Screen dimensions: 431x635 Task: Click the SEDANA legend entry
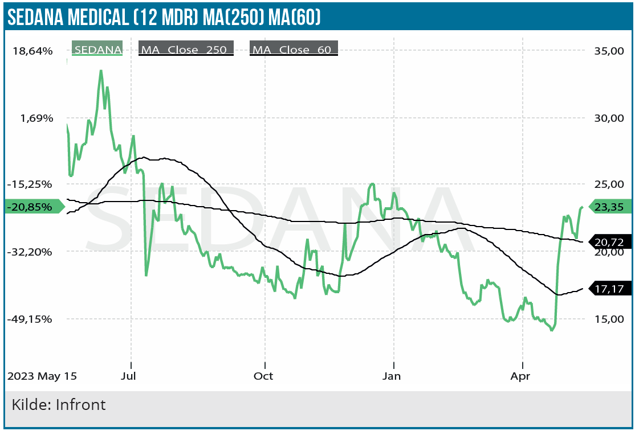(97, 50)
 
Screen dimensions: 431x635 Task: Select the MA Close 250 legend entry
(185, 50)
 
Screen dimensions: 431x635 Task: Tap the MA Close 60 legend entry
(293, 50)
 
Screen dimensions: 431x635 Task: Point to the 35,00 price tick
(609, 51)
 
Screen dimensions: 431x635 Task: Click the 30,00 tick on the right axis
(609, 118)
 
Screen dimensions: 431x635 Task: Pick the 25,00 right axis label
(609, 184)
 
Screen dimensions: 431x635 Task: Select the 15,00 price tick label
(609, 319)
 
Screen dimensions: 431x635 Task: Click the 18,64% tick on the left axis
(32, 51)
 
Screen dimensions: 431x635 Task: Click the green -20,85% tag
(34, 207)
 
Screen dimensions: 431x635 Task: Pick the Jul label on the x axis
(131, 376)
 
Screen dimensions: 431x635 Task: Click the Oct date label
(263, 376)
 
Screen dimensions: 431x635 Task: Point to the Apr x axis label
(520, 376)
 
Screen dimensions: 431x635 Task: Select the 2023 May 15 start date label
(41, 376)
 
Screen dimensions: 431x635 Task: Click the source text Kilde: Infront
(59, 405)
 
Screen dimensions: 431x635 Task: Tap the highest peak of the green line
(101, 71)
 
